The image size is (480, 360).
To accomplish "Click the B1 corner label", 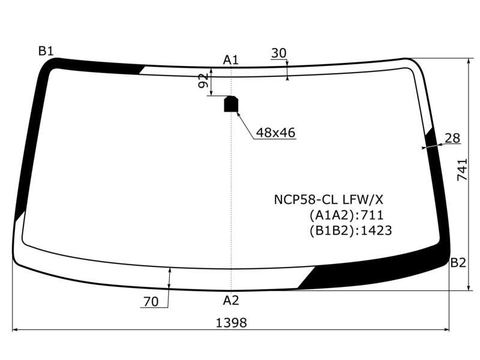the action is (46, 51).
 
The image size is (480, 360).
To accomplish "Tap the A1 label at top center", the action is (230, 59).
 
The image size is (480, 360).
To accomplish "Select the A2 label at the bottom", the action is (230, 301).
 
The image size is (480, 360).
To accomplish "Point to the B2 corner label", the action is (458, 263).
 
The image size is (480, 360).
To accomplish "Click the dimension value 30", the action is (278, 53).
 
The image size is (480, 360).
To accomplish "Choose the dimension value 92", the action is (203, 81).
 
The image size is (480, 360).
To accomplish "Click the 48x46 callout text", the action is (275, 133).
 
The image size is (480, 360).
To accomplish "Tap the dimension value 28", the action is (452, 138).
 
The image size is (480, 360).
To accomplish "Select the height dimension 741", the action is (462, 169).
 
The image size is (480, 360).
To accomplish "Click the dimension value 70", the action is (151, 302).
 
